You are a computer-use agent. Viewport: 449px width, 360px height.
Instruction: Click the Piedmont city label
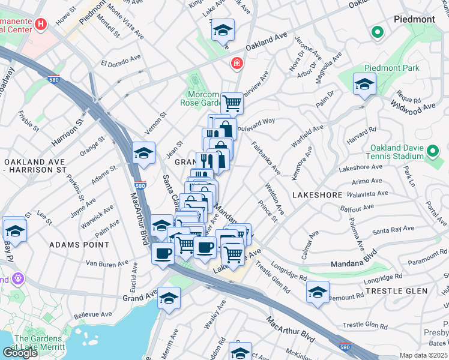414,19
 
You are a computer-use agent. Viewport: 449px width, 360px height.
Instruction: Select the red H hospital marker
41,25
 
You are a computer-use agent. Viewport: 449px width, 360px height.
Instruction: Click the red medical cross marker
237,63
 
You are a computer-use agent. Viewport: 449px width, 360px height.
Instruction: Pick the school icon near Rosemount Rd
318,293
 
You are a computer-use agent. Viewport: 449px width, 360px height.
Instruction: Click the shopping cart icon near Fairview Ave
232,103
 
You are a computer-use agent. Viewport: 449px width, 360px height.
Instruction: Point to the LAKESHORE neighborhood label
317,195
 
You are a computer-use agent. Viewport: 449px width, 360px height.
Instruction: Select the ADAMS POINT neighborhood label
79,245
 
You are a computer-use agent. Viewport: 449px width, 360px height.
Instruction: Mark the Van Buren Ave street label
107,263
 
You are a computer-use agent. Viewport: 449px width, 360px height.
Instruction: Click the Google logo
20,353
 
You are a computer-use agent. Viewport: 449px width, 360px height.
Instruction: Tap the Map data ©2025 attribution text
424,355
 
